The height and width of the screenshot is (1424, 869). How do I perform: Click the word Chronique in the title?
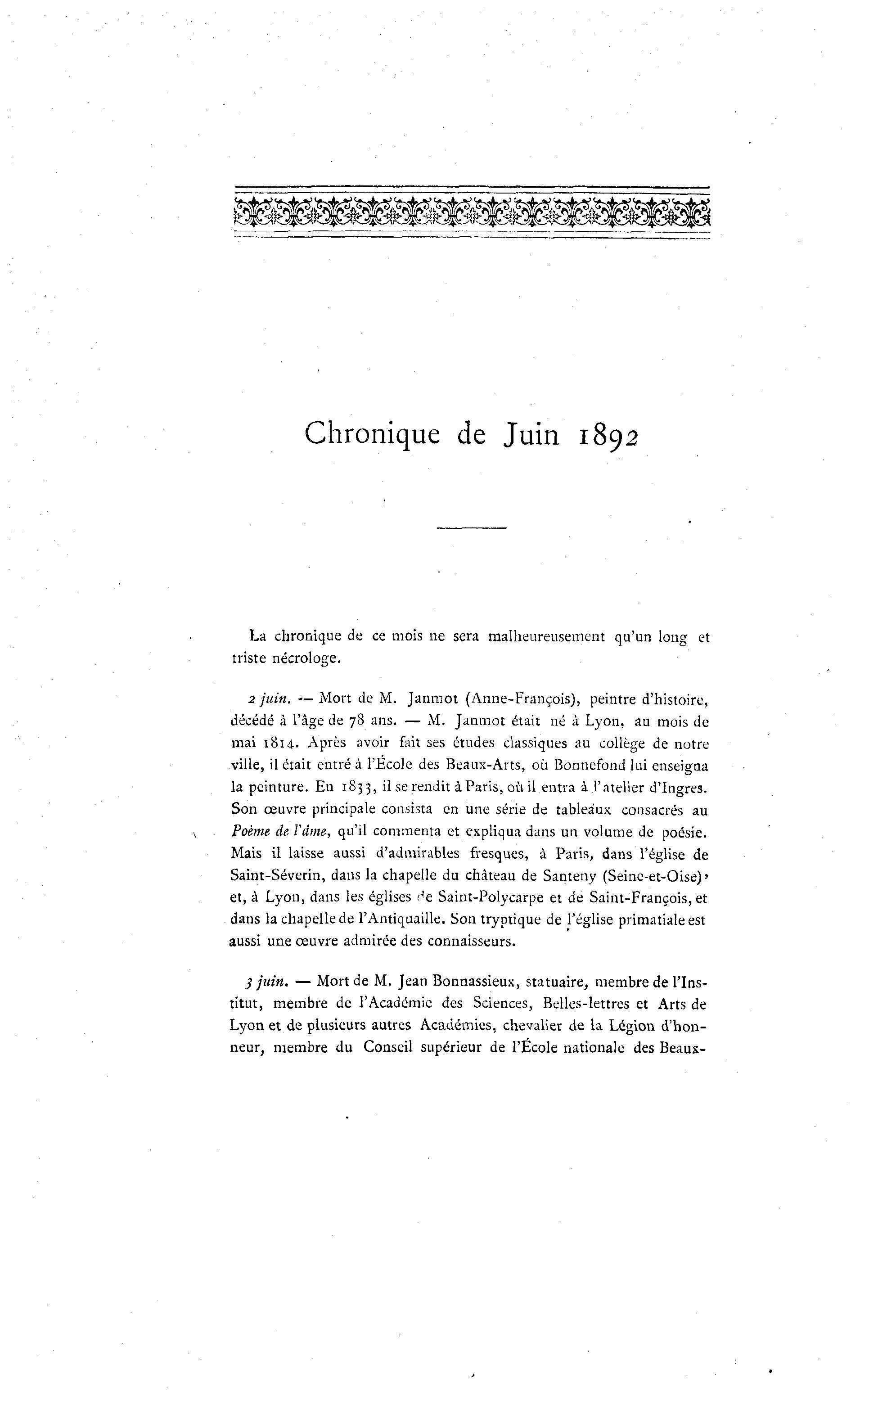click(x=372, y=434)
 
